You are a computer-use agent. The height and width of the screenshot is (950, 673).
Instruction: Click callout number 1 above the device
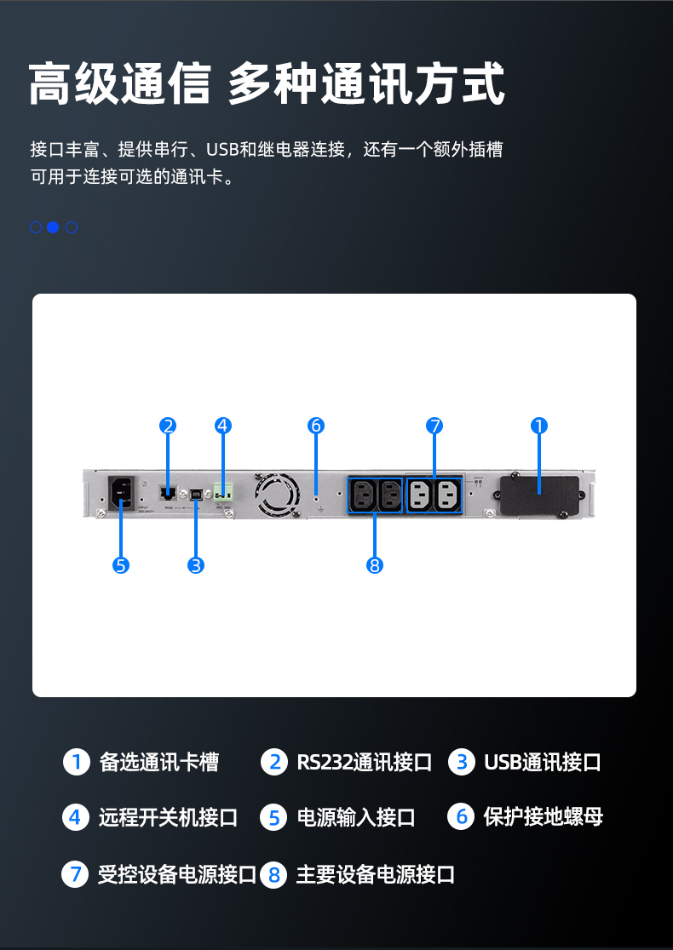click(x=539, y=426)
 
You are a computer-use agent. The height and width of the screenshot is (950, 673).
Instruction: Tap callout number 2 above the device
click(x=169, y=426)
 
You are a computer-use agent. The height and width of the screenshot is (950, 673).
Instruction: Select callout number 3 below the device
click(x=197, y=564)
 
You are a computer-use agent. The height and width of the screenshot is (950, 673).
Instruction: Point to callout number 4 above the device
click(x=223, y=426)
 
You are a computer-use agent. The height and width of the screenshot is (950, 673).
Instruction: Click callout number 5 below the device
click(x=121, y=564)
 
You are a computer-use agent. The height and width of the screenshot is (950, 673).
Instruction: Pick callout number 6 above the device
click(x=316, y=426)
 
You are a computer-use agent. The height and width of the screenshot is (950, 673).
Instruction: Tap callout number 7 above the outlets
click(x=434, y=426)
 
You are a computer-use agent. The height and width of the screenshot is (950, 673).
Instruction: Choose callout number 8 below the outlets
click(x=375, y=564)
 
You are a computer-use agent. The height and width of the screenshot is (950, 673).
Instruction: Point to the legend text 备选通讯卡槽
click(x=159, y=762)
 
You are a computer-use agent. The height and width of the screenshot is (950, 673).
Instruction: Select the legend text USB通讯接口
click(x=543, y=762)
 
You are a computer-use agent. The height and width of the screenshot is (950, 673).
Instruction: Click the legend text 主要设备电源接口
click(x=376, y=874)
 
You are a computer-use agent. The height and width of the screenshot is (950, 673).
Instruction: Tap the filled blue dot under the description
click(x=53, y=227)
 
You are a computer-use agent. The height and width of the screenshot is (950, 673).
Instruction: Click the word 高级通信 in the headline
click(x=119, y=85)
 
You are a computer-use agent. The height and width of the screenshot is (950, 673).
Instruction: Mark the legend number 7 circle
click(x=76, y=874)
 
